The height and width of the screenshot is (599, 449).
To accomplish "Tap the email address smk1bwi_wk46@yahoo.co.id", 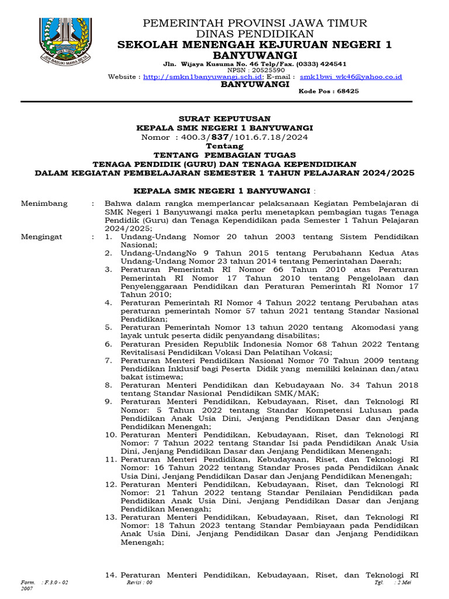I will [x=350, y=77].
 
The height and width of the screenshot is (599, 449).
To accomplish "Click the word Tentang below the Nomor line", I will [x=224, y=146].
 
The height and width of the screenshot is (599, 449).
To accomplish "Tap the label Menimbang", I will [x=44, y=204].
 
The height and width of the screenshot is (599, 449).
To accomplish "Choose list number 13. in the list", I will [x=110, y=517].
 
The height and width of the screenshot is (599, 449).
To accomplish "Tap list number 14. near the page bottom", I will [x=110, y=575].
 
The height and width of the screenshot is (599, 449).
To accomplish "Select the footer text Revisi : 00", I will [x=139, y=583].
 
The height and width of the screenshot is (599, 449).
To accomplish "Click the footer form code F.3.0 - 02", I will [x=56, y=583].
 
